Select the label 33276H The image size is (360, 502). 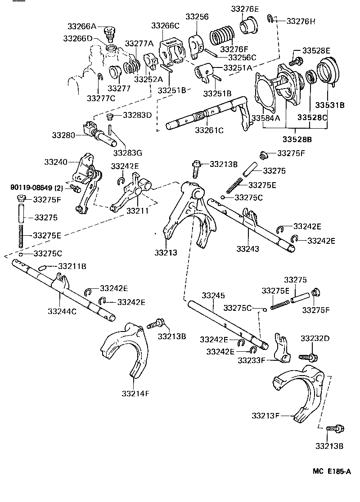[x=301, y=21]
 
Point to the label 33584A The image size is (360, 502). [x=266, y=118]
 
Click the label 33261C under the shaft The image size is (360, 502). [x=210, y=130]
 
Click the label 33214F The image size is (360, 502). [x=135, y=393]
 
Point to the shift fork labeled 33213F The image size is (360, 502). [x=299, y=389]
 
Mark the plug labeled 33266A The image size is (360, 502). [x=108, y=33]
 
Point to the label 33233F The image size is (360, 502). [x=253, y=360]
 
